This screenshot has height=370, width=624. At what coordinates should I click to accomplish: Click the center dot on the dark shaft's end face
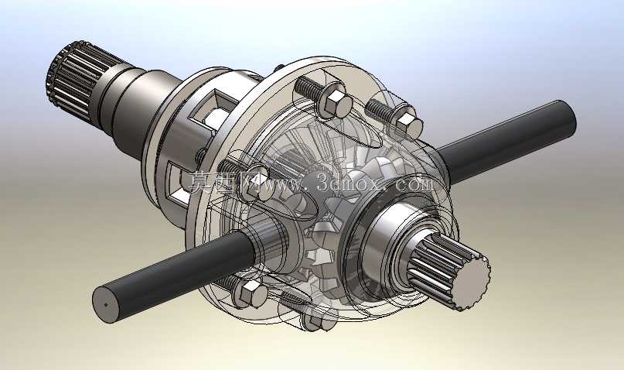click(106, 306)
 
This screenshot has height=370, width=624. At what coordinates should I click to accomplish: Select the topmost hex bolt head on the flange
click(336, 102)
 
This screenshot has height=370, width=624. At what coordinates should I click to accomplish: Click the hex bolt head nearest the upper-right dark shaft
click(407, 124)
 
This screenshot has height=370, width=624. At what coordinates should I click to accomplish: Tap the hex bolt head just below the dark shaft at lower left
click(251, 294)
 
